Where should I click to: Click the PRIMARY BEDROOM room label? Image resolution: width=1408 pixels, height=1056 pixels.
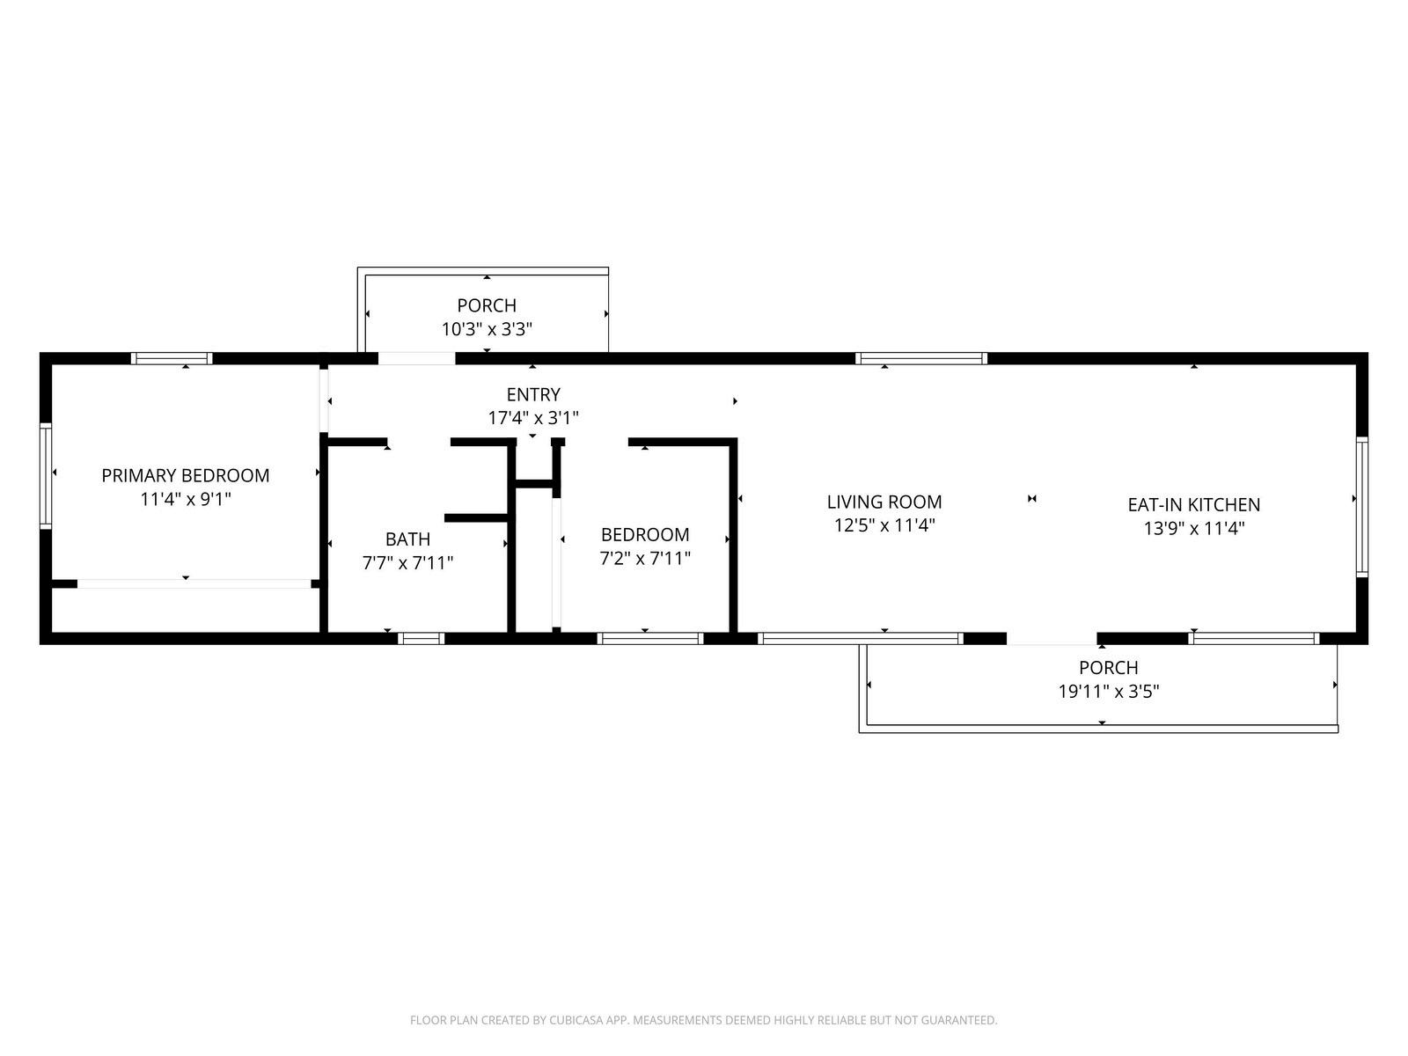[x=186, y=475]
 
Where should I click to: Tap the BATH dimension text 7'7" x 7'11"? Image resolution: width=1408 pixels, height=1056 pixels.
[x=408, y=563]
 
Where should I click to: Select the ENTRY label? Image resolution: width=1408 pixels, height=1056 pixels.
[x=533, y=394]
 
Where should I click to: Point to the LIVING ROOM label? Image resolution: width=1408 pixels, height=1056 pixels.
[x=884, y=502]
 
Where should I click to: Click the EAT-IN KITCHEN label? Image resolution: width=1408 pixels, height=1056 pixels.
[x=1194, y=505]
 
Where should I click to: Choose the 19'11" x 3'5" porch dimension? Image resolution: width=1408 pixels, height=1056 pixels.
[x=1109, y=692]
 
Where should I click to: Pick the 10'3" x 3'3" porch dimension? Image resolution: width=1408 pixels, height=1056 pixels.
[x=487, y=329]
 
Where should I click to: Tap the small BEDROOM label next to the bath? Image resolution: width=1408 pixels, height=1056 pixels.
[x=645, y=535]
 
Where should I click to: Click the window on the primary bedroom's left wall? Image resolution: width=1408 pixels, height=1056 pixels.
[x=46, y=476]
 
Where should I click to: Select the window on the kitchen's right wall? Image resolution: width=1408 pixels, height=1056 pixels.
[x=1361, y=507]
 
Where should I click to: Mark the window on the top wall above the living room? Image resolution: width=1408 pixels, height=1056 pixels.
[x=921, y=358]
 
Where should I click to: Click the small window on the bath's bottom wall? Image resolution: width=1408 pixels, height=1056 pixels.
[x=421, y=638]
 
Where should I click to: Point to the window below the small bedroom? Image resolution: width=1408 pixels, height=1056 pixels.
[x=650, y=638]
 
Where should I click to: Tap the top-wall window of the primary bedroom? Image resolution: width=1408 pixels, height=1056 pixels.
[x=172, y=358]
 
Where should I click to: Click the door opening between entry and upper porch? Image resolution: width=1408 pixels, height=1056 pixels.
[x=416, y=358]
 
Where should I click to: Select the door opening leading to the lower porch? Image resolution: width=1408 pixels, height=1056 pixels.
[x=1052, y=639]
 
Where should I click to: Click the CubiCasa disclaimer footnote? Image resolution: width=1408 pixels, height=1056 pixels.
[x=704, y=1020]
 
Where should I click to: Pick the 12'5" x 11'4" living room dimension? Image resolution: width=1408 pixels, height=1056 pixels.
[x=884, y=525]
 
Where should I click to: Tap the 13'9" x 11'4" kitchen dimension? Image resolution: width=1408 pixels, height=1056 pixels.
[x=1194, y=529]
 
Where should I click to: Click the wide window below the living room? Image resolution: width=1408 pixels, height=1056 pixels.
[x=860, y=638]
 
